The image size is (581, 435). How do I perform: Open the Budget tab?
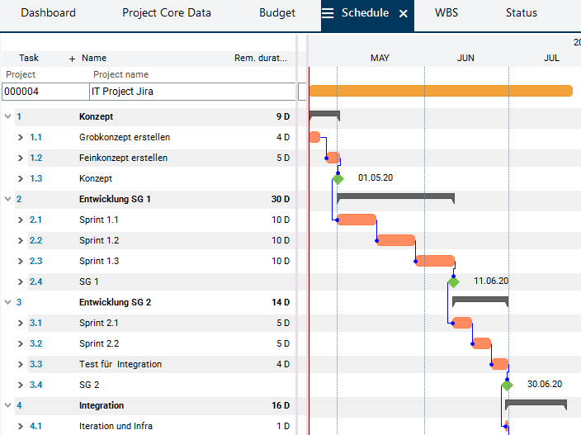pyautogui.click(x=276, y=13)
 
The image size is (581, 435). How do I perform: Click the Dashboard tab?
pyautogui.click(x=48, y=13)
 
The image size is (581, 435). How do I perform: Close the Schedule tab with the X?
pyautogui.click(x=404, y=13)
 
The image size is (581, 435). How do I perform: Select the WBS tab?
pyautogui.click(x=446, y=13)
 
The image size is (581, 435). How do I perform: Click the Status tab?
pyautogui.click(x=522, y=13)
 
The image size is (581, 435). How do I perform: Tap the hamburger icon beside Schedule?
pyautogui.click(x=328, y=13)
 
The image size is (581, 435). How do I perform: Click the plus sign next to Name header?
pyautogui.click(x=72, y=59)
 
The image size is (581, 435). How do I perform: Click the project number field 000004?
pyautogui.click(x=45, y=92)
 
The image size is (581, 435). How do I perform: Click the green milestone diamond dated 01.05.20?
pyautogui.click(x=338, y=178)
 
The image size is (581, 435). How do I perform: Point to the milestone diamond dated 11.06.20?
pyautogui.click(x=453, y=281)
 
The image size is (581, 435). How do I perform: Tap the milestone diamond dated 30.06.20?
pyautogui.click(x=507, y=385)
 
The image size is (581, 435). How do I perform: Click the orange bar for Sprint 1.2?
pyautogui.click(x=395, y=240)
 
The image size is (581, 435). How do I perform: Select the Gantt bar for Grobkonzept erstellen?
pyautogui.click(x=314, y=137)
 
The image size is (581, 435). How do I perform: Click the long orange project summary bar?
pyautogui.click(x=440, y=91)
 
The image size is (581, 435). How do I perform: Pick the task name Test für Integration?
pyautogui.click(x=120, y=364)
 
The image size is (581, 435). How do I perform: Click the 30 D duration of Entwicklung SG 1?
pyautogui.click(x=281, y=199)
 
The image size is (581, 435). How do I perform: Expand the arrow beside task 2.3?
pyautogui.click(x=21, y=261)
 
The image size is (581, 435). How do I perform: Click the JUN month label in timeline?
pyautogui.click(x=466, y=58)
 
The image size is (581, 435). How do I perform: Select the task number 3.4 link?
pyautogui.click(x=35, y=385)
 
